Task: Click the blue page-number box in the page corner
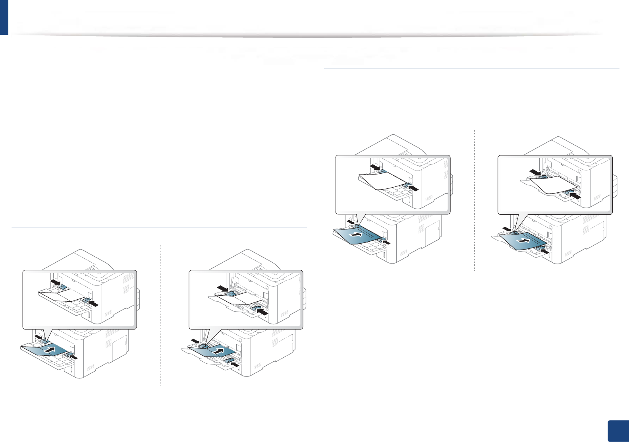coord(618,431)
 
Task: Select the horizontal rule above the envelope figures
coord(159,227)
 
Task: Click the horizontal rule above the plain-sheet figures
coord(472,68)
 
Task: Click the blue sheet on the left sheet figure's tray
coord(357,236)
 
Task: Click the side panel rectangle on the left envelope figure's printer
coord(120,347)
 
